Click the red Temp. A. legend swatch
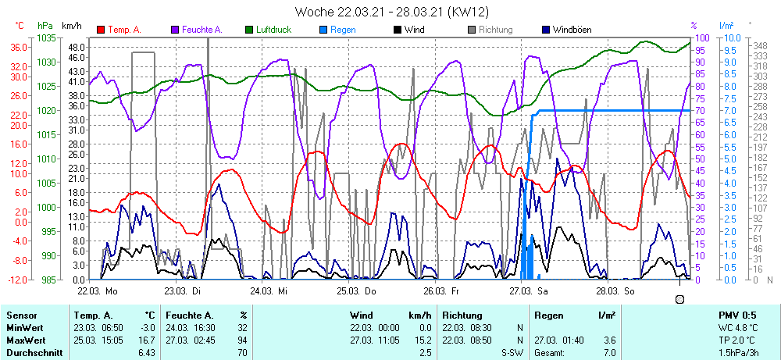tap(101, 30)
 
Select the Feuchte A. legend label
tap(201, 30)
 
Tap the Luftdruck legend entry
tap(273, 30)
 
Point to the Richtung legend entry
tap(490, 30)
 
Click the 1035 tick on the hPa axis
tap(46, 37)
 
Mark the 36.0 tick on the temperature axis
tap(19, 47)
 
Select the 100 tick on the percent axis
tap(702, 37)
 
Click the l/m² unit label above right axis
tap(726, 26)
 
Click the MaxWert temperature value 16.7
tap(148, 340)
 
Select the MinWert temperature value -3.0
tap(148, 328)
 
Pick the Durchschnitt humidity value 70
tap(242, 353)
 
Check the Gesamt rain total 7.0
tap(608, 353)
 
